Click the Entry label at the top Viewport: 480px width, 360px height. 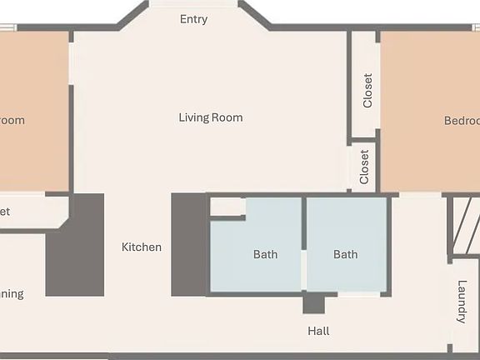click(193, 19)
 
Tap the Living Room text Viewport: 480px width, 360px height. click(211, 117)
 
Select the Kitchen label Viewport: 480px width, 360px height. click(142, 247)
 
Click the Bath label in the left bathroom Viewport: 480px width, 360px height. click(265, 254)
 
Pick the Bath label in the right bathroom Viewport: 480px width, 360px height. click(346, 254)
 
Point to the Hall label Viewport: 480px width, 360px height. click(318, 331)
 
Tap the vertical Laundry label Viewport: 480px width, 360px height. click(462, 302)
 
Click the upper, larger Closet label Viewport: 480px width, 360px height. click(367, 91)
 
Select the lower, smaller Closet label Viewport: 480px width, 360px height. click(364, 167)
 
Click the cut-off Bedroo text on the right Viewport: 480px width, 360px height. click(462, 120)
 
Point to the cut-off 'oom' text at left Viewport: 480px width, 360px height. click(12, 120)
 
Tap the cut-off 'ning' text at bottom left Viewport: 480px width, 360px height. click(12, 293)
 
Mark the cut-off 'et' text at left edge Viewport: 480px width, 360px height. click(5, 212)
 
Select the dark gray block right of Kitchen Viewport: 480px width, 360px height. click(188, 245)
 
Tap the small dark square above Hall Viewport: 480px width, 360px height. click(313, 303)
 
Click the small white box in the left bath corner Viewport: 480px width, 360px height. click(226, 207)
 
